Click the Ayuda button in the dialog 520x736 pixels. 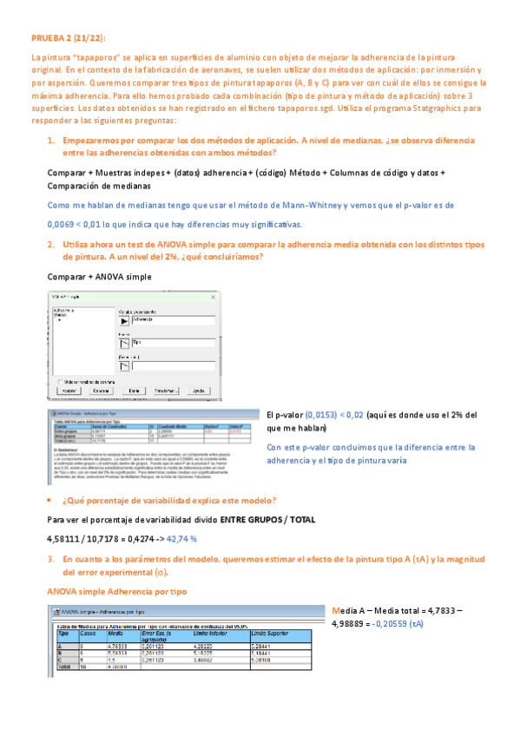tap(198, 391)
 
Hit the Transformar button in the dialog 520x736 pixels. tap(164, 391)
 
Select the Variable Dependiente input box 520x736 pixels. tap(174, 319)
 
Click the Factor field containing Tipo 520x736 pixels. tap(174, 343)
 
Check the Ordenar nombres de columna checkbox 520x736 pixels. tap(58, 381)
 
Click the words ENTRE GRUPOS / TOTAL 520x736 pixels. tap(267, 520)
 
